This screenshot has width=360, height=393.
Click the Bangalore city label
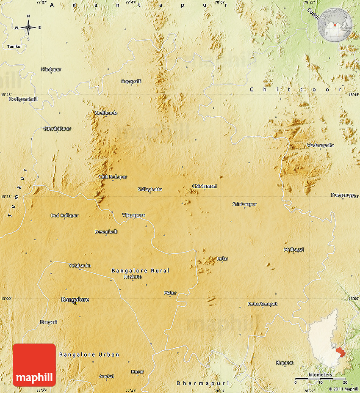pyautogui.click(x=75, y=300)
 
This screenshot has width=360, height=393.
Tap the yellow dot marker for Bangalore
pyautogui.click(x=75, y=303)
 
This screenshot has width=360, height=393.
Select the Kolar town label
pyautogui.click(x=222, y=258)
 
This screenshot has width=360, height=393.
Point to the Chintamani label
pyautogui.click(x=205, y=186)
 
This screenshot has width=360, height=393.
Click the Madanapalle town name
pyautogui.click(x=320, y=146)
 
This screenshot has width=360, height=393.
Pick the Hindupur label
pyautogui.click(x=51, y=69)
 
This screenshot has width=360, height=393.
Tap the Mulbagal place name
pyautogui.click(x=294, y=250)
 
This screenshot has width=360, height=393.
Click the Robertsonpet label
pyautogui.click(x=263, y=304)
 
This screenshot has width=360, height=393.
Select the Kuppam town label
pyautogui.click(x=285, y=363)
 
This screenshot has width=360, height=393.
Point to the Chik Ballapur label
pyautogui.click(x=113, y=177)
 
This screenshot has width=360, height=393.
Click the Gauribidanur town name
pyautogui.click(x=57, y=128)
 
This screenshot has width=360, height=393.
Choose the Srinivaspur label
pyautogui.click(x=244, y=204)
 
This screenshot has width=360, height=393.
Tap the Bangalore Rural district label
pyautogui.click(x=140, y=270)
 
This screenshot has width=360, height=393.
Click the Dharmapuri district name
pyautogui.click(x=202, y=383)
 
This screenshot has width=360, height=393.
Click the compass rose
pyautogui.click(x=28, y=28)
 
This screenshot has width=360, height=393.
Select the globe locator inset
pyautogui.click(x=335, y=25)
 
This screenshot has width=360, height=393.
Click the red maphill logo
pyautogui.click(x=34, y=365)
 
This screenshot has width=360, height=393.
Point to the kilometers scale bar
pyautogui.click(x=320, y=378)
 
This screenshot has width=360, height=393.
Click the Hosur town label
pyautogui.click(x=138, y=372)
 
